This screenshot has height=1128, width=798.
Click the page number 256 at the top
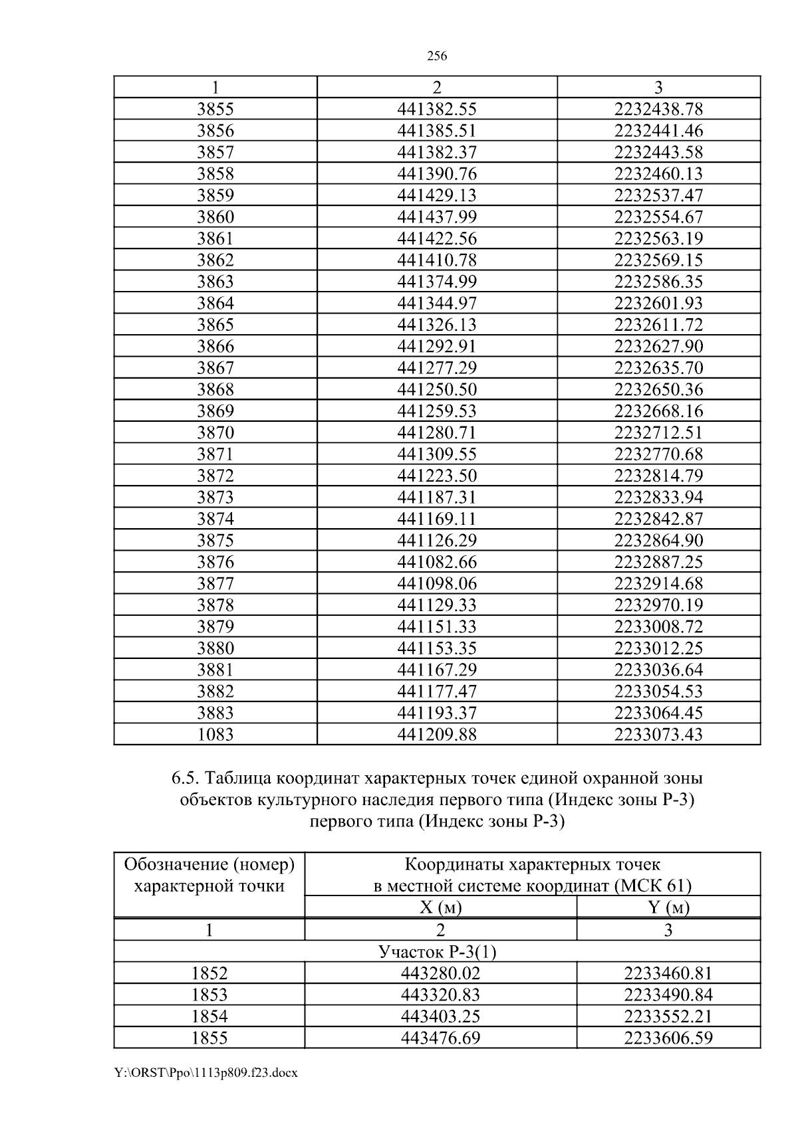click(436, 56)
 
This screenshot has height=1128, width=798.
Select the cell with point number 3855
click(215, 109)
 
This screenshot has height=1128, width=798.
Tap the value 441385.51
click(437, 131)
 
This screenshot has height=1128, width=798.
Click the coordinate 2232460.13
click(658, 174)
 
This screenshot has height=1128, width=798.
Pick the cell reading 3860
click(215, 217)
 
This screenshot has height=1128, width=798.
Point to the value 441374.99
click(437, 282)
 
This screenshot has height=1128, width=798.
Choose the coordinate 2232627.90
click(658, 346)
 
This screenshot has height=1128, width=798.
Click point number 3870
click(215, 433)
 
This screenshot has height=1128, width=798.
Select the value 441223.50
click(437, 476)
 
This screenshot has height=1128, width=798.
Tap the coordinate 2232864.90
click(658, 540)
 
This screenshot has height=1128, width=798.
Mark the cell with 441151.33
click(437, 626)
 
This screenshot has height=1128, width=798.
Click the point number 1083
click(215, 735)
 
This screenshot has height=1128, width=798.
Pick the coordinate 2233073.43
click(658, 735)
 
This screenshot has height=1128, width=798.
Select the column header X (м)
click(440, 907)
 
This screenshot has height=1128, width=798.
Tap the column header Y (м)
click(668, 907)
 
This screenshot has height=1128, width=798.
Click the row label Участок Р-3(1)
click(437, 952)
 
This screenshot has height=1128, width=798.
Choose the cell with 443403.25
click(440, 1016)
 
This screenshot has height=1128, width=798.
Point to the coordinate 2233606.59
click(668, 1038)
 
